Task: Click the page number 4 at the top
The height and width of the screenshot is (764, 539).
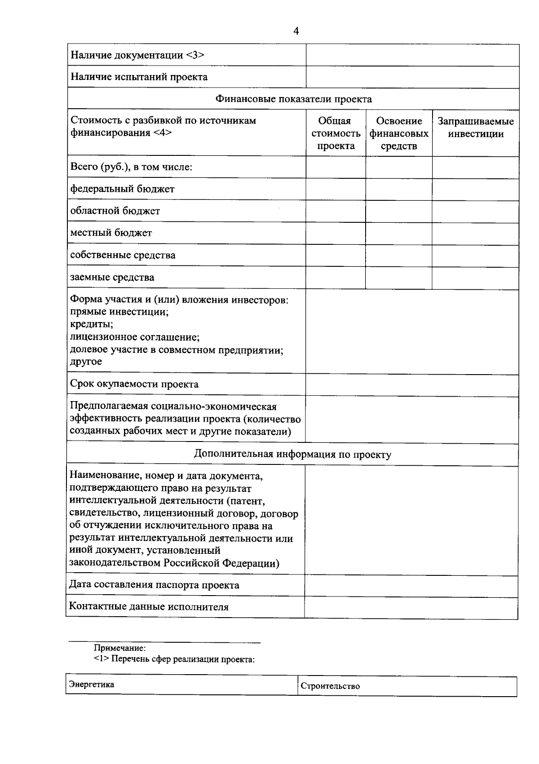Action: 296,31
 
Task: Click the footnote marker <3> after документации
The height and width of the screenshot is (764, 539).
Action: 195,55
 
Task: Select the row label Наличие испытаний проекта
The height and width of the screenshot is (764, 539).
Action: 139,77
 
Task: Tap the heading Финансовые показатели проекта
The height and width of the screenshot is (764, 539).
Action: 293,99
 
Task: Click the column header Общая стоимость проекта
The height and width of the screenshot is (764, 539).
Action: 336,133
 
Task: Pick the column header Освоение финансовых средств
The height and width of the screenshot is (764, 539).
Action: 399,133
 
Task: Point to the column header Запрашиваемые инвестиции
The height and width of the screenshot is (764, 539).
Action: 476,128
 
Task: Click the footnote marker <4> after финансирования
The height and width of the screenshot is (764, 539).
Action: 162,133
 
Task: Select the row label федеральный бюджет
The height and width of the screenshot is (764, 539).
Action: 122,189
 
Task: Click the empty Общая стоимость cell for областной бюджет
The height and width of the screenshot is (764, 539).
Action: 336,211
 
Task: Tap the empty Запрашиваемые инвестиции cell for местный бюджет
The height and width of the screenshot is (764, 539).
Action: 476,233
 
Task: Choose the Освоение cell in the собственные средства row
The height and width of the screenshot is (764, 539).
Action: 399,255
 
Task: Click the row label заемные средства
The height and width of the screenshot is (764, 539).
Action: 112,277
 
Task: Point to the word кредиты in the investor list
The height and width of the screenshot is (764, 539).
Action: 92,324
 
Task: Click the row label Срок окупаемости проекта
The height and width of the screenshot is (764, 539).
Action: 134,384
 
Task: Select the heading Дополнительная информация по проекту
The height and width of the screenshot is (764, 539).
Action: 292,454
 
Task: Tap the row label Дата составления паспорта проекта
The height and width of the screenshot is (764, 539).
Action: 154,585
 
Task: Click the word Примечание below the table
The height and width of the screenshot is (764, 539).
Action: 119,648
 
